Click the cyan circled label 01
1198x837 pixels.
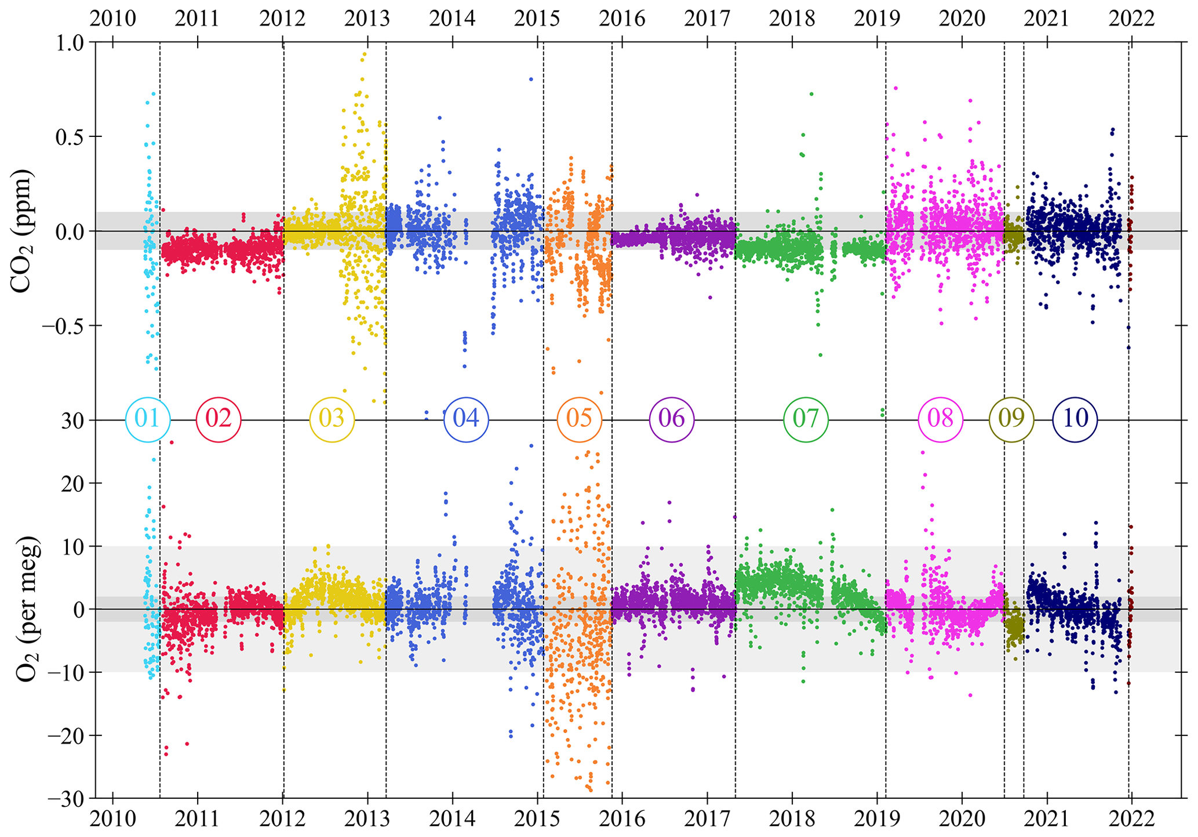coord(148,419)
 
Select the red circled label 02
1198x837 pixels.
coord(219,419)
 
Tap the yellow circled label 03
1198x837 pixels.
coord(332,419)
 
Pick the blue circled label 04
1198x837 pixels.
coord(466,419)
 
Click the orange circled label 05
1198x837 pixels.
coord(579,419)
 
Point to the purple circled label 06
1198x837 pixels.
coord(672,419)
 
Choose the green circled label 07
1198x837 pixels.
coord(806,419)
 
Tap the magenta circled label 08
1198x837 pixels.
coord(940,419)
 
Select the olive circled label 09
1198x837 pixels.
coord(1011,419)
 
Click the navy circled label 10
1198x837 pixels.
coord(1075,419)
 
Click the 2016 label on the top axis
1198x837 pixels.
coord(622,19)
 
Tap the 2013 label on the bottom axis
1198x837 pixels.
coord(367,819)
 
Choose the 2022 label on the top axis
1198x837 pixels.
coord(1131,19)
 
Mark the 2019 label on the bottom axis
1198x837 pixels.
coord(877,819)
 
